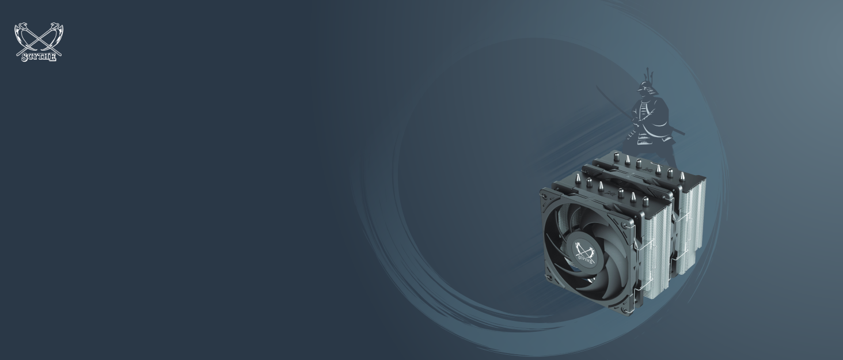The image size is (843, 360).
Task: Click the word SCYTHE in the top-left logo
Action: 39,57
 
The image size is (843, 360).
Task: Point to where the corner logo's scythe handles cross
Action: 39,40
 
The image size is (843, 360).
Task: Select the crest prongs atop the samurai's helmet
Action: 648,74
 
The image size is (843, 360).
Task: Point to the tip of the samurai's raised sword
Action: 597,87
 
